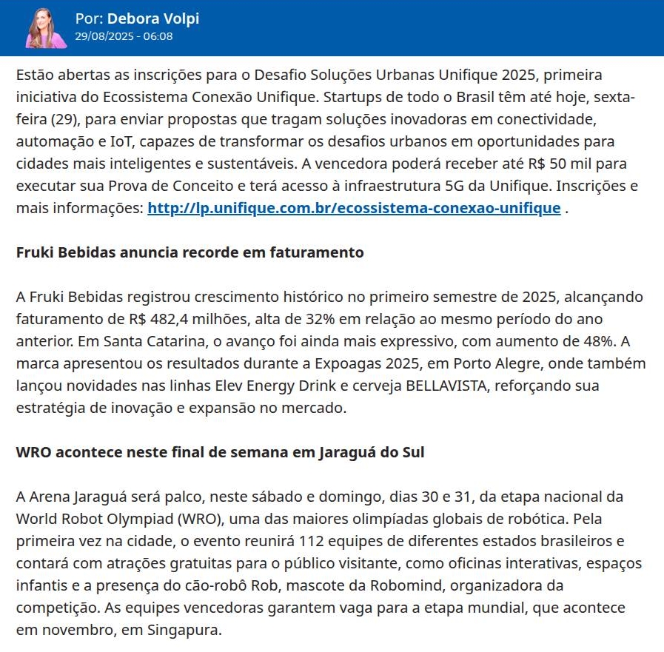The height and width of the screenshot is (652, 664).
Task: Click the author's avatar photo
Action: [x=46, y=28]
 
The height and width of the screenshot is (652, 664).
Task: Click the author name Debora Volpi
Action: [x=152, y=19]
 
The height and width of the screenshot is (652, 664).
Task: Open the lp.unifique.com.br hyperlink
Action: [x=354, y=208]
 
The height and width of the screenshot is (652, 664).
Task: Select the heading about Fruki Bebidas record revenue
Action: [x=190, y=252]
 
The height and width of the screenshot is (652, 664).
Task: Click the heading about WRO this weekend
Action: [x=220, y=452]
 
